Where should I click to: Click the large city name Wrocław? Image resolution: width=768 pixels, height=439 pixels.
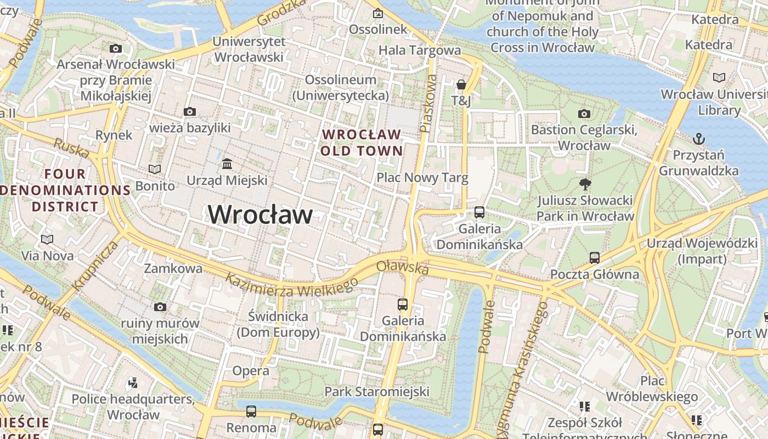pos(260,214)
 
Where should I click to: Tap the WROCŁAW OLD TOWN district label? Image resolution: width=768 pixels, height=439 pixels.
pos(362,143)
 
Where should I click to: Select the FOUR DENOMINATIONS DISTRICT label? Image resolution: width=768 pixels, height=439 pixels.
pos(65,190)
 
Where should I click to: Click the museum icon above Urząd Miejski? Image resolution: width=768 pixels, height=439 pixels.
pos(227,164)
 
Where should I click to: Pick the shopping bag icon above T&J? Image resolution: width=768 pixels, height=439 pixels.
pos(461,85)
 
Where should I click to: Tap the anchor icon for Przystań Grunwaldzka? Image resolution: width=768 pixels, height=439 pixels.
pos(698,138)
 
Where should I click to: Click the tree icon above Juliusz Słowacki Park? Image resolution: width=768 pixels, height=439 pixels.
pos(585,184)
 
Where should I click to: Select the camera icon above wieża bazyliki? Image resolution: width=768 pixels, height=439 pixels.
pos(190,112)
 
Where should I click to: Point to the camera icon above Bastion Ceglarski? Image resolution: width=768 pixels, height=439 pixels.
pos(584,114)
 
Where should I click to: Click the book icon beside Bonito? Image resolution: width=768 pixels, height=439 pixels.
pos(155,170)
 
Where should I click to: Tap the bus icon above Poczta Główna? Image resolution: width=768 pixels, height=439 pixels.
pos(594,257)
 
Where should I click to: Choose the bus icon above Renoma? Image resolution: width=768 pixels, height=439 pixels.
pos(251,411)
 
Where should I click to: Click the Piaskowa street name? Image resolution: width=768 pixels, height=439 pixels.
pos(428,104)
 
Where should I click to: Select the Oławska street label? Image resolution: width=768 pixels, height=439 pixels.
pos(402,268)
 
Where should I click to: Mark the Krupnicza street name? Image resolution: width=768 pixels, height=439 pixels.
pos(95,266)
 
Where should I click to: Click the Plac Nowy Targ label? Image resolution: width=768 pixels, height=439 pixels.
pos(422,178)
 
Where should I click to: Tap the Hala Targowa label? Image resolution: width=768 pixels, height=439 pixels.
pos(420,50)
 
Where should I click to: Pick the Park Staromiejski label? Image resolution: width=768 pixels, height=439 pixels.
pos(377,392)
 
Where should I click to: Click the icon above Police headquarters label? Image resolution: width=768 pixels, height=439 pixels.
pos(132,382)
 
